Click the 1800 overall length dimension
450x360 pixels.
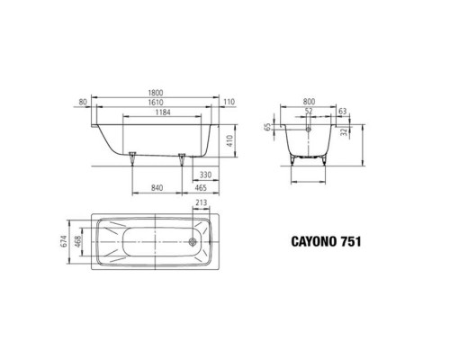pyautogui.click(x=155, y=93)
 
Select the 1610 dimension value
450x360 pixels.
pyautogui.click(x=155, y=103)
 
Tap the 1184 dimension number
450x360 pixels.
pyautogui.click(x=163, y=112)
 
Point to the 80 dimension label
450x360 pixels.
pyautogui.click(x=83, y=102)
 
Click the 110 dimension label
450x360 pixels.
pyautogui.click(x=229, y=102)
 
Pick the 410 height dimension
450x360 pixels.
pyautogui.click(x=229, y=140)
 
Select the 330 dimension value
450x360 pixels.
pyautogui.click(x=205, y=175)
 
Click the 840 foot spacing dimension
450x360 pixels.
pyautogui.click(x=157, y=188)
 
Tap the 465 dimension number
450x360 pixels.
pyautogui.click(x=201, y=188)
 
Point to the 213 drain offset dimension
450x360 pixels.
pyautogui.click(x=201, y=202)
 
